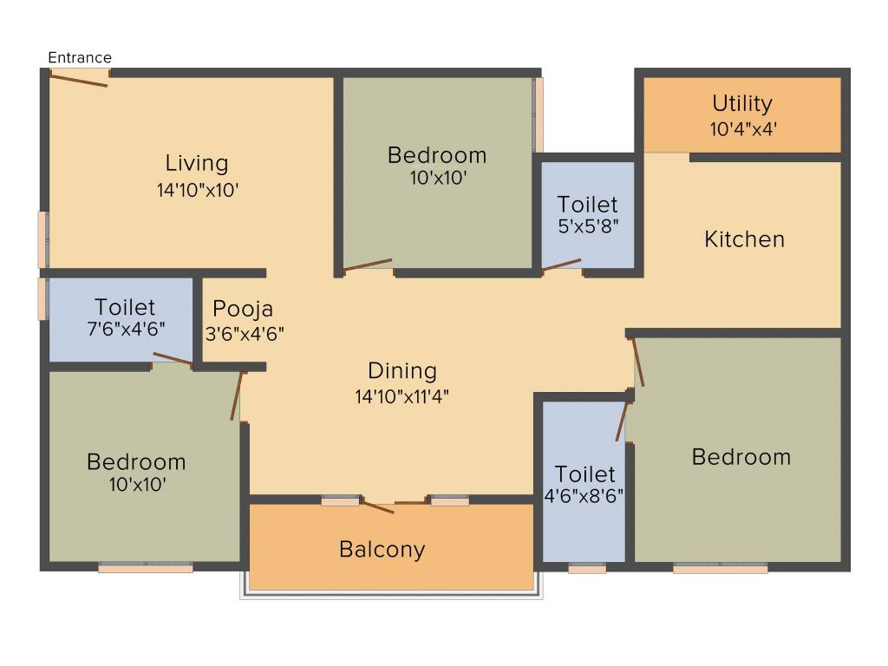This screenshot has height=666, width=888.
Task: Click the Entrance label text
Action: [80, 58]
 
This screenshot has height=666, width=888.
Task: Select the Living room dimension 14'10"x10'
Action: [197, 190]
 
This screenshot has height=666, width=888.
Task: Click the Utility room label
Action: [742, 104]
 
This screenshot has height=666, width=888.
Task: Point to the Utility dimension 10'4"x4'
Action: [742, 128]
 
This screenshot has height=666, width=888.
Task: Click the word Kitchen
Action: [744, 239]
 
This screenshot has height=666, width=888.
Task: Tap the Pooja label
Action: [243, 309]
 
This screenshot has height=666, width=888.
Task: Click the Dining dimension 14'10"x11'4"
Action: [402, 396]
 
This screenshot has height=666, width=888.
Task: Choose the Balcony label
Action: [382, 549]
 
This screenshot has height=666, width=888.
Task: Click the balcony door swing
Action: [378, 506]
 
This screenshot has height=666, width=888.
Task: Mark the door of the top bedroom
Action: [368, 265]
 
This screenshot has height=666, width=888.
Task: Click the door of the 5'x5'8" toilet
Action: [561, 265]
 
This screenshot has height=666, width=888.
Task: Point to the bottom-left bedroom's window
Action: [145, 568]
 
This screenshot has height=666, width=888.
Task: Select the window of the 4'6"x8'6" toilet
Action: [587, 569]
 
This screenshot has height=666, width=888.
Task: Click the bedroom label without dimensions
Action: [741, 457]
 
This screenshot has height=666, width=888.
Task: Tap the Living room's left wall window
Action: [42, 240]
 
